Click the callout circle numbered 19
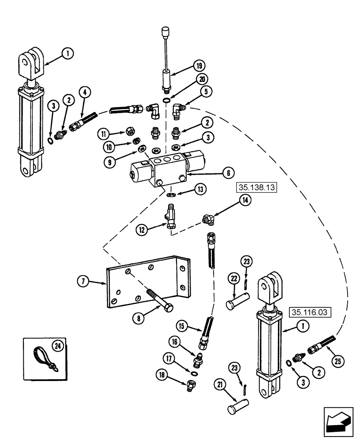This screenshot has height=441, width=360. pyautogui.click(x=199, y=66)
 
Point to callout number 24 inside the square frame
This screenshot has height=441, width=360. pyautogui.click(x=56, y=347)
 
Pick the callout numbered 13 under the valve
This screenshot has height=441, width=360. pyautogui.click(x=201, y=190)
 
